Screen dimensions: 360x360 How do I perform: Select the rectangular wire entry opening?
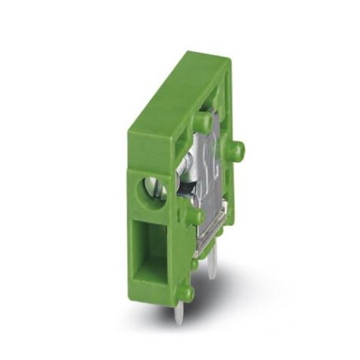click(149, 247)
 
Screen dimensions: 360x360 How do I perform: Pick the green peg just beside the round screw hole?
click(191, 214)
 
